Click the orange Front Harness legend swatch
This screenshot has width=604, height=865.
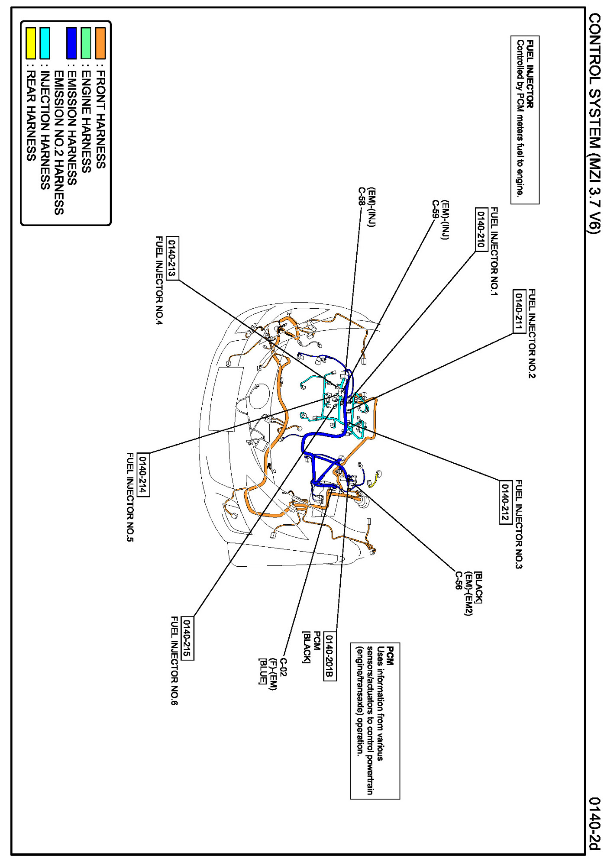point(100,43)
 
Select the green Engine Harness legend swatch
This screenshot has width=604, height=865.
point(86,43)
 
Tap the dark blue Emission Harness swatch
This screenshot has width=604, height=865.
point(71,43)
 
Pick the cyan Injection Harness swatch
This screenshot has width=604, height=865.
point(45,43)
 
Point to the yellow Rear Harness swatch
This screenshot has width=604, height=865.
point(30,43)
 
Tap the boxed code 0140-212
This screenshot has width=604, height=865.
point(505,502)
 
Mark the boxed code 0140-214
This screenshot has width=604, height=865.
point(143,474)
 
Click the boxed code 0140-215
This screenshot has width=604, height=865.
point(187,638)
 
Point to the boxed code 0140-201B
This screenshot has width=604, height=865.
point(329,656)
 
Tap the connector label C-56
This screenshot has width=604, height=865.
point(458,581)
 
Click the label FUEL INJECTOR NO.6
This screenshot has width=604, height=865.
point(174,661)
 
